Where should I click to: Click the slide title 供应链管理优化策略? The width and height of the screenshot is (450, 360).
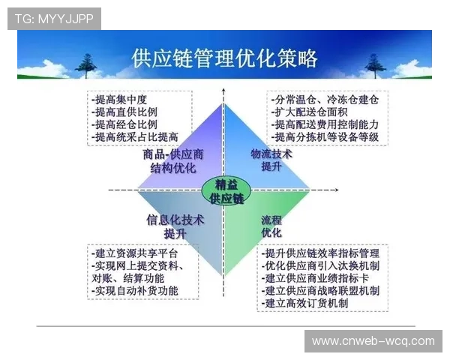[224, 58]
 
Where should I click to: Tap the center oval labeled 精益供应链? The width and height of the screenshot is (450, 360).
[224, 190]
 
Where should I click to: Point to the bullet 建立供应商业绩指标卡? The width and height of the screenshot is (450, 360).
[317, 277]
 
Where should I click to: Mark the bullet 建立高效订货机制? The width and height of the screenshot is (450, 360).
[306, 303]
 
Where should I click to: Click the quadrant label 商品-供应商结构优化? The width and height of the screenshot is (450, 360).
[173, 160]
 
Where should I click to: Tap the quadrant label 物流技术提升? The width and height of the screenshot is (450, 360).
[271, 160]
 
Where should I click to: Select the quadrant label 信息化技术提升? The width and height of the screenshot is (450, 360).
[175, 226]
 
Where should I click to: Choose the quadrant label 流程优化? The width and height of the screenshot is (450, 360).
[271, 226]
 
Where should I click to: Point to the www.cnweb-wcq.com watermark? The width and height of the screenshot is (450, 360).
[372, 341]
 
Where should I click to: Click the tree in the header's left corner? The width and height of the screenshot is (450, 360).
[85, 66]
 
